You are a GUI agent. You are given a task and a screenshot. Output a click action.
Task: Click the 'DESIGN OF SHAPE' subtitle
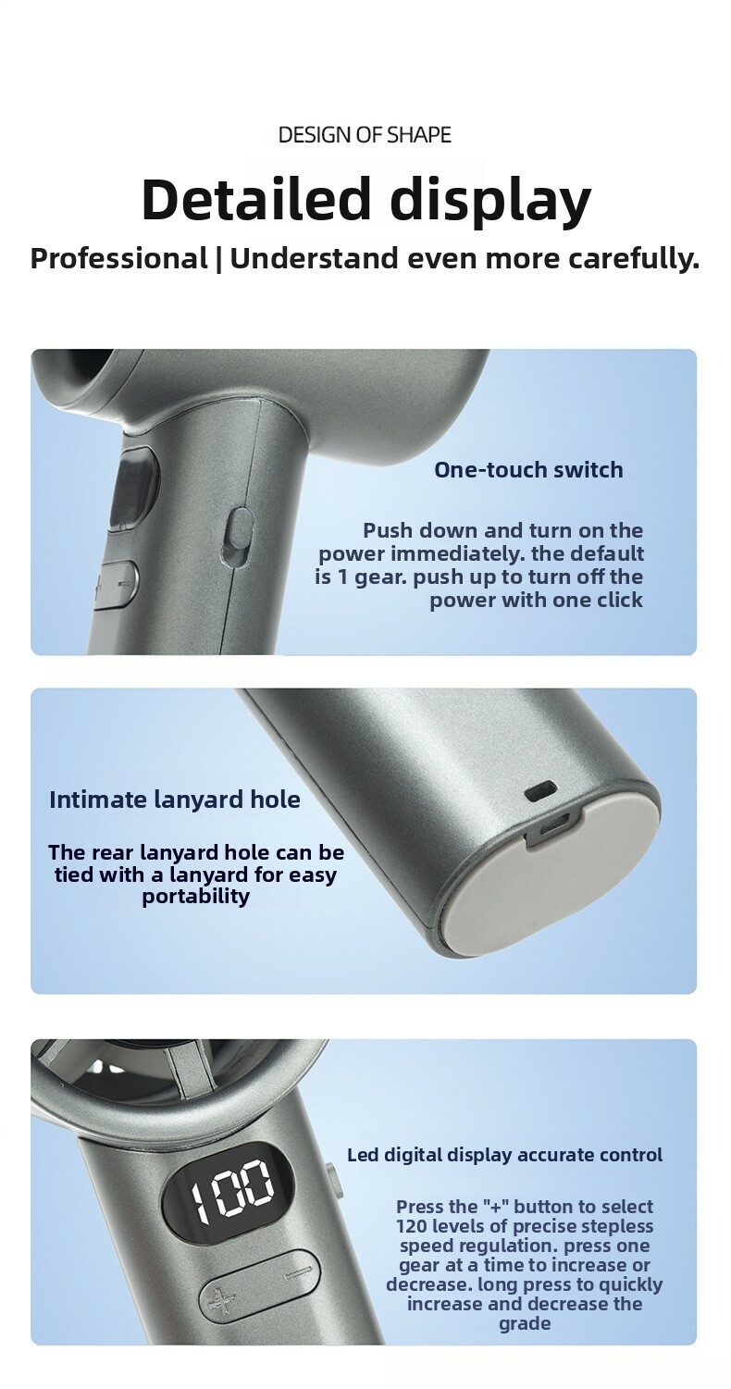pyautogui.click(x=365, y=134)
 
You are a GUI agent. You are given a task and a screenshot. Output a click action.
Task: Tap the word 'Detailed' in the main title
pyautogui.click(x=256, y=199)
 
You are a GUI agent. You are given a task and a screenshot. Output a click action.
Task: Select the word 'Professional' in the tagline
pyautogui.click(x=119, y=258)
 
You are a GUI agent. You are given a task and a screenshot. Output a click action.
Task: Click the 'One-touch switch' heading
pyautogui.click(x=528, y=469)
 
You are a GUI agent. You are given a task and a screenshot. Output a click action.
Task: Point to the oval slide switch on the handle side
pyautogui.click(x=240, y=538)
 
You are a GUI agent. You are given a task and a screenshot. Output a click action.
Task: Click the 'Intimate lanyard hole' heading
pyautogui.click(x=174, y=800)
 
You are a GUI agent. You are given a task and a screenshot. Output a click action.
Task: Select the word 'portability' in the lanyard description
pyautogui.click(x=196, y=896)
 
